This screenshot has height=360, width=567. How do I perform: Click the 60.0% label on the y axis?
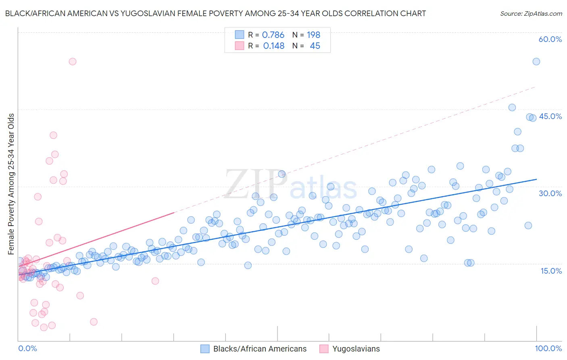(550, 39)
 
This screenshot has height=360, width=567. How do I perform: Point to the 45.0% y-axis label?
(550, 116)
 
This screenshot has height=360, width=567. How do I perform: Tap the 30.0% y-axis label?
(550, 193)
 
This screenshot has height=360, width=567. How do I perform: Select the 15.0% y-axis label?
(551, 271)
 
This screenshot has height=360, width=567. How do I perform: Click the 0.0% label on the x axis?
(27, 348)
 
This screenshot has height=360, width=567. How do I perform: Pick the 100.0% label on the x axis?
(548, 348)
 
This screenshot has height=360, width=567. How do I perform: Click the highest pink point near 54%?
(73, 61)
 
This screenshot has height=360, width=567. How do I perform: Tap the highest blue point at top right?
(536, 61)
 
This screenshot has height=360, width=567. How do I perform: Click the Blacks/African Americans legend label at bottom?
(260, 349)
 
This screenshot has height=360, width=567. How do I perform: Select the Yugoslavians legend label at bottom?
(356, 349)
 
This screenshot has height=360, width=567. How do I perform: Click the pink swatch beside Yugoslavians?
(324, 349)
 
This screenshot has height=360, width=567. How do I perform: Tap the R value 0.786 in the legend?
(273, 35)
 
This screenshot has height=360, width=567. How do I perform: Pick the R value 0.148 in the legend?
(273, 46)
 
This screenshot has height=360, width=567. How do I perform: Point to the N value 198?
(313, 35)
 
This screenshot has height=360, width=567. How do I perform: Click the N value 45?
(315, 46)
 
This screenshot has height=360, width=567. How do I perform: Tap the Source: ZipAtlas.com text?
(531, 13)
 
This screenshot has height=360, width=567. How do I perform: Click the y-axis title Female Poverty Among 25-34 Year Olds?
(11, 184)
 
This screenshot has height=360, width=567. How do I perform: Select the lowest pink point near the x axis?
(44, 327)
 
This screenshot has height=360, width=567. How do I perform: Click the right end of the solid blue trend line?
(536, 179)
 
